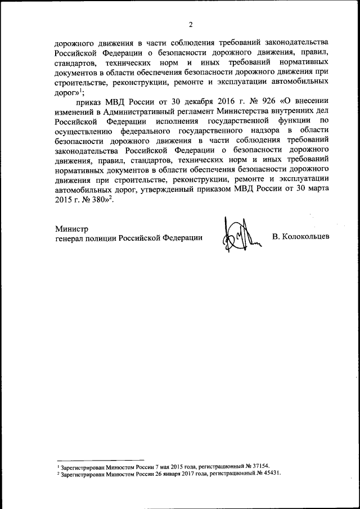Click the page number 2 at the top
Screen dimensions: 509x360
(x=191, y=24)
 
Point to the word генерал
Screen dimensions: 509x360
(x=72, y=238)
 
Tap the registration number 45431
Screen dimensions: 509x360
(x=268, y=474)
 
